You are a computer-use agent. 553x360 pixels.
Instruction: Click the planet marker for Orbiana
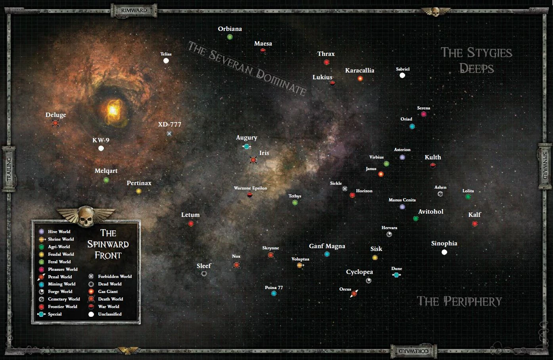[230, 37]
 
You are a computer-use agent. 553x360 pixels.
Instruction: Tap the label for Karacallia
[360, 71]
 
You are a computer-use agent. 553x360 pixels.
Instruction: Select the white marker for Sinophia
[444, 252]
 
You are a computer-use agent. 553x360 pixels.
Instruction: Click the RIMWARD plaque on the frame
[134, 10]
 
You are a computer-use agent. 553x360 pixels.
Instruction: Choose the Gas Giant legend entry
[108, 291]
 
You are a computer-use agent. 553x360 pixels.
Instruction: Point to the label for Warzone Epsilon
[251, 188]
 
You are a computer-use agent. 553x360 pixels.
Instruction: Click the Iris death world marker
[253, 160]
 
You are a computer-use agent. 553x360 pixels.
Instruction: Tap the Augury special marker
[247, 147]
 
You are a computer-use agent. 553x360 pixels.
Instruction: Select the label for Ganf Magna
[327, 246]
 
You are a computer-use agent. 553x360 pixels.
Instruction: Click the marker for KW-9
[101, 148]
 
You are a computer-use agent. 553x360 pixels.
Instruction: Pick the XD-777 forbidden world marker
[169, 134]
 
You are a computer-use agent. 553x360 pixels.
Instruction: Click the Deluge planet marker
[55, 123]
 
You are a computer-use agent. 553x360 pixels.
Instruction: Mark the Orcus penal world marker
[354, 293]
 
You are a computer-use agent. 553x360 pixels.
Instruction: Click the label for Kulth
[432, 157]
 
